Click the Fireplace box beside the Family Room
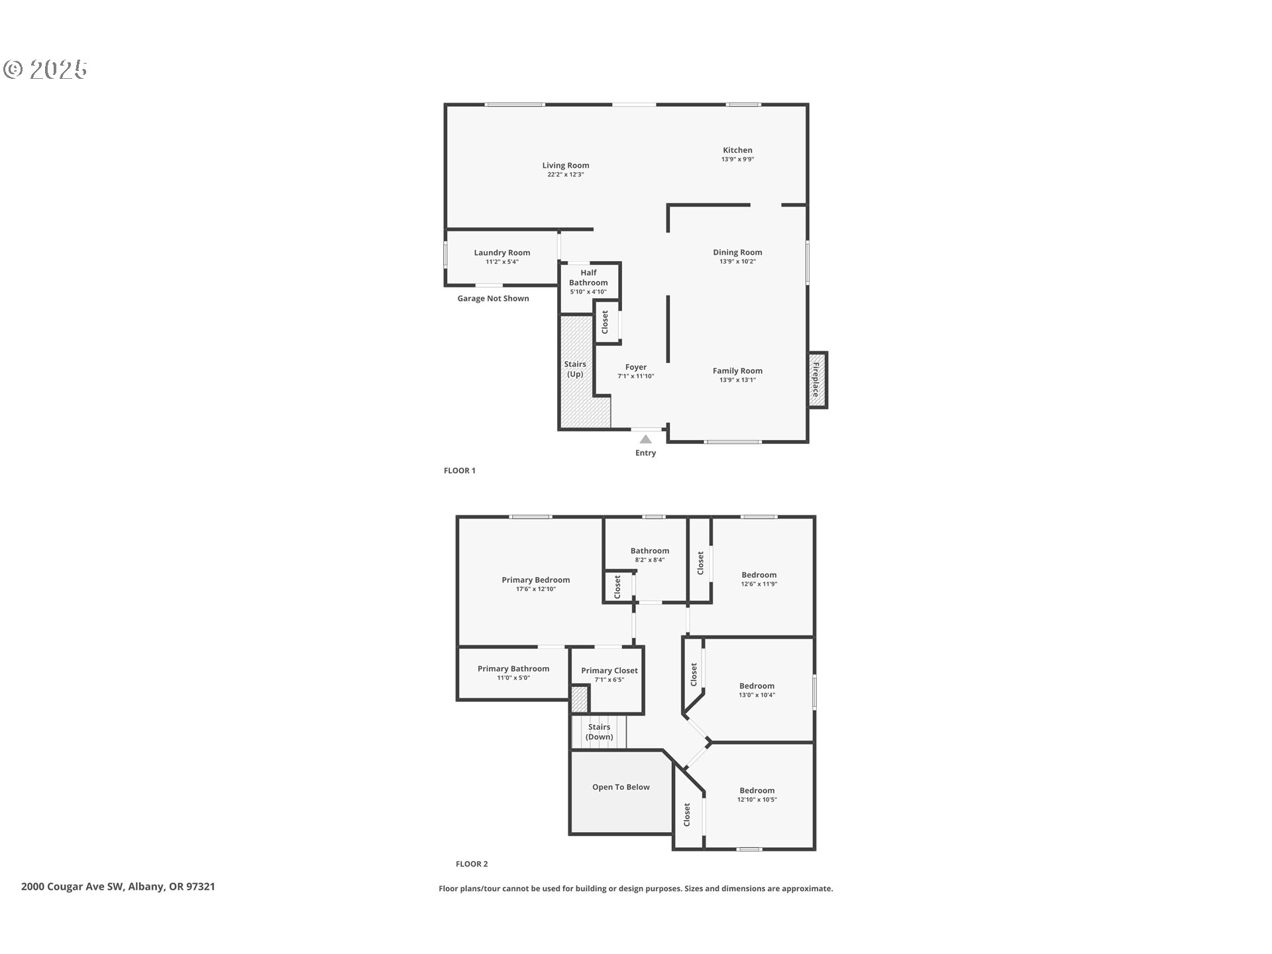click(817, 380)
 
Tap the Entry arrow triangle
click(645, 439)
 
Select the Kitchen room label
click(737, 150)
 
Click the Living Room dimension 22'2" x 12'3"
click(565, 175)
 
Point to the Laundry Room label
click(502, 252)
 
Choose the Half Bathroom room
click(588, 282)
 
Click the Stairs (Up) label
click(575, 369)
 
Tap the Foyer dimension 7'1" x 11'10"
click(635, 376)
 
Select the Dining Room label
click(737, 252)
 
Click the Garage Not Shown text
click(493, 299)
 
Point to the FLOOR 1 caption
click(459, 471)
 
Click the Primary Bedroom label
click(535, 580)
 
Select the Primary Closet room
click(609, 674)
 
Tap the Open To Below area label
click(621, 787)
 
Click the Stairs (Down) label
click(599, 732)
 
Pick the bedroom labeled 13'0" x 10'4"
click(757, 690)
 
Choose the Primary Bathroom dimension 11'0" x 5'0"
click(513, 678)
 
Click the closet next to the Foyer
click(605, 323)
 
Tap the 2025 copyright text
click(46, 70)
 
